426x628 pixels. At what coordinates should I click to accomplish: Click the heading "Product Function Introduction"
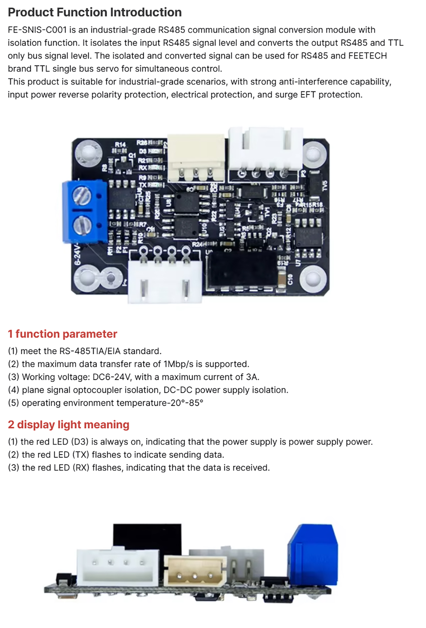click(x=95, y=12)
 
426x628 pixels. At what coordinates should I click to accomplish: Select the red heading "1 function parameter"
click(x=62, y=334)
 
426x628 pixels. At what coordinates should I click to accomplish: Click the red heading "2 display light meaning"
click(x=69, y=425)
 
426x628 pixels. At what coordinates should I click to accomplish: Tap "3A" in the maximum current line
click(x=252, y=377)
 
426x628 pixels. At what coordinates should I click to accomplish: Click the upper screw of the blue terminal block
click(x=82, y=195)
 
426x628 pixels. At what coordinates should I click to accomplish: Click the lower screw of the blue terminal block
click(x=82, y=225)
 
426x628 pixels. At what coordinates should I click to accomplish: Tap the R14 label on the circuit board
click(x=120, y=144)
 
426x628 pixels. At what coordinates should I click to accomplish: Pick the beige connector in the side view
click(x=195, y=571)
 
